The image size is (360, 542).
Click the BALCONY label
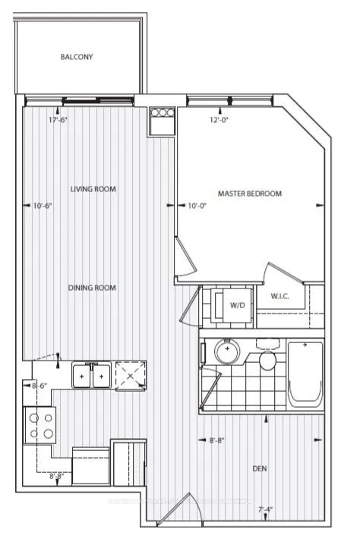[x=77, y=57]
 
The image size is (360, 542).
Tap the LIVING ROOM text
[x=93, y=189]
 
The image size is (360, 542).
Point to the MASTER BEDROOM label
[x=249, y=194]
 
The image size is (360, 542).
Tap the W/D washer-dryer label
[x=237, y=305]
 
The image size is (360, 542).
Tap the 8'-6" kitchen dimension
[x=39, y=386]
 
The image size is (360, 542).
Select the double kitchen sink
[x=91, y=375]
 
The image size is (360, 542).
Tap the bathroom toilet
[x=267, y=357]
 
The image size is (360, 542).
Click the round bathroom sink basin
[x=226, y=352]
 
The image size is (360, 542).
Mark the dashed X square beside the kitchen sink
[x=129, y=375]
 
